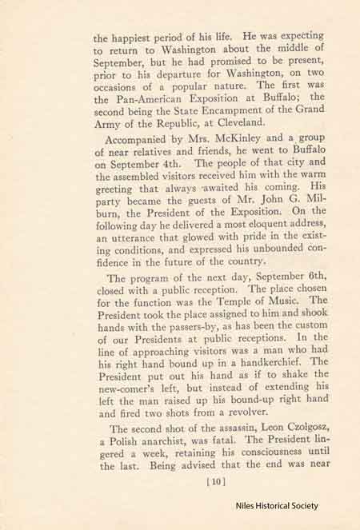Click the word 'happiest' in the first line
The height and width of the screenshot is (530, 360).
coord(134,35)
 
